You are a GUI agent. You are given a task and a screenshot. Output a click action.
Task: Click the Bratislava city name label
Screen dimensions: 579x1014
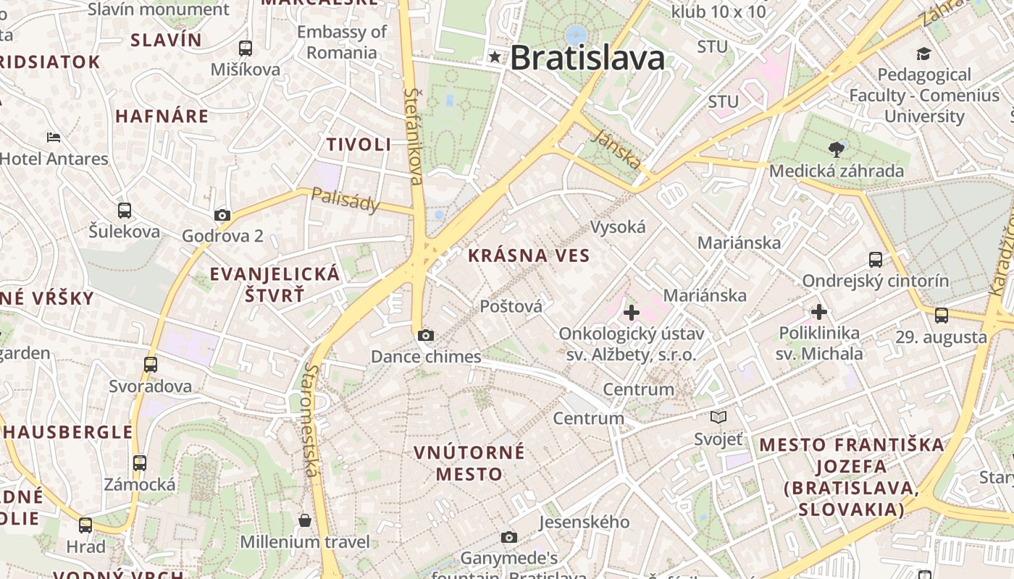[x=587, y=59]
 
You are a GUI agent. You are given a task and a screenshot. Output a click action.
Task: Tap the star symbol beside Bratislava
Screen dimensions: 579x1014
[x=495, y=56]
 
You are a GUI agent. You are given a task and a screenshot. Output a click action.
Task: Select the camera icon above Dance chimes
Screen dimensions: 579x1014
[x=426, y=335]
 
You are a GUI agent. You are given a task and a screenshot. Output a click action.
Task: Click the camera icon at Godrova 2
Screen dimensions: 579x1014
[x=222, y=215]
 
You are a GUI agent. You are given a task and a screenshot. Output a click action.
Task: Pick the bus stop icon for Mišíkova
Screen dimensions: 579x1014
[x=246, y=48]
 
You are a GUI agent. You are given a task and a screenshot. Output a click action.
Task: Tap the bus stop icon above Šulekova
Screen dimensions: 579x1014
[x=125, y=211]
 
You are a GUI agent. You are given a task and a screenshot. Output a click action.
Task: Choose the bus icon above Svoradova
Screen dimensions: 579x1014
[x=151, y=364]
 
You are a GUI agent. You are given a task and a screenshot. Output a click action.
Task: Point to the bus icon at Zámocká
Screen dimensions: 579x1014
[x=140, y=462]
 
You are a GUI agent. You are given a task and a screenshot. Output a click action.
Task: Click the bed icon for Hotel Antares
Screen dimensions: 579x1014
[x=53, y=138]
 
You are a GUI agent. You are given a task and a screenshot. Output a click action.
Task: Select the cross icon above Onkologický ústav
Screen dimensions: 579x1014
[x=632, y=313]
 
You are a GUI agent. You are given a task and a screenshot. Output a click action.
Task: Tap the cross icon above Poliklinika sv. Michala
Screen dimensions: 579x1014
[x=819, y=312]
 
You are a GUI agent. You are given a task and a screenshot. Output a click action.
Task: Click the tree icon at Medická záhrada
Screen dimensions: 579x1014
[x=837, y=150]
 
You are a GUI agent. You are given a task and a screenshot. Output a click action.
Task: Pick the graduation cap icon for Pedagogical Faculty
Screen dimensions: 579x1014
[x=923, y=54]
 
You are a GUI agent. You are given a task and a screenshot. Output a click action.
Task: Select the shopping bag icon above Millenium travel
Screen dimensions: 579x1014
[x=305, y=520]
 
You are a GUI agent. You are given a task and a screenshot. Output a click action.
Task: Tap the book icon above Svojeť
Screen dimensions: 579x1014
[x=718, y=417]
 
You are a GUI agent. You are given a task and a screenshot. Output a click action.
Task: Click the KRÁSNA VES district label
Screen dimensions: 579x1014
[x=529, y=255]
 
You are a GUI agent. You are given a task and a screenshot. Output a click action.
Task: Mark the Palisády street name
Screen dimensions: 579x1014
[x=345, y=200]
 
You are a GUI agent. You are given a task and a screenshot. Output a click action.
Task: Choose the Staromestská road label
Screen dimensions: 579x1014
[x=311, y=420]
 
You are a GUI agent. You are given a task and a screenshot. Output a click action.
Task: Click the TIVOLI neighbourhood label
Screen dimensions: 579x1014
[x=359, y=144]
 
